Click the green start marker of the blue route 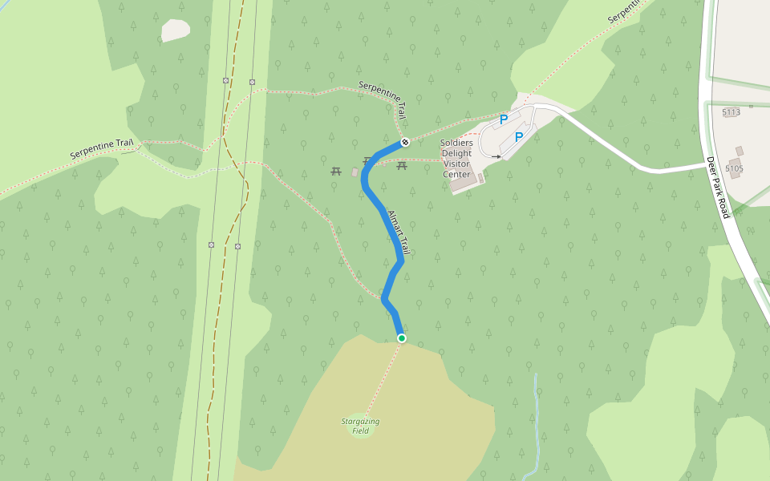click(401, 338)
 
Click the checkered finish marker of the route click(405, 143)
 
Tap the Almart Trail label click(399, 233)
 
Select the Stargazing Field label click(360, 426)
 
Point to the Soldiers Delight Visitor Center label click(456, 158)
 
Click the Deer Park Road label click(718, 188)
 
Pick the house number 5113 click(731, 112)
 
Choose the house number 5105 click(734, 168)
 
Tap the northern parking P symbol click(504, 119)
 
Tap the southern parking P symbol click(518, 137)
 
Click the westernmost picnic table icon click(337, 170)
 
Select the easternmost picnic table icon click(402, 165)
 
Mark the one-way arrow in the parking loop click(497, 157)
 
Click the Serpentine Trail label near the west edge click(101, 148)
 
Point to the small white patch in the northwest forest click(176, 30)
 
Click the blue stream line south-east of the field click(535, 417)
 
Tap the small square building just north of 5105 click(739, 151)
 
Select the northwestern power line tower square click(225, 80)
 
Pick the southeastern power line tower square click(237, 246)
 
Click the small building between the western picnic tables click(355, 172)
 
